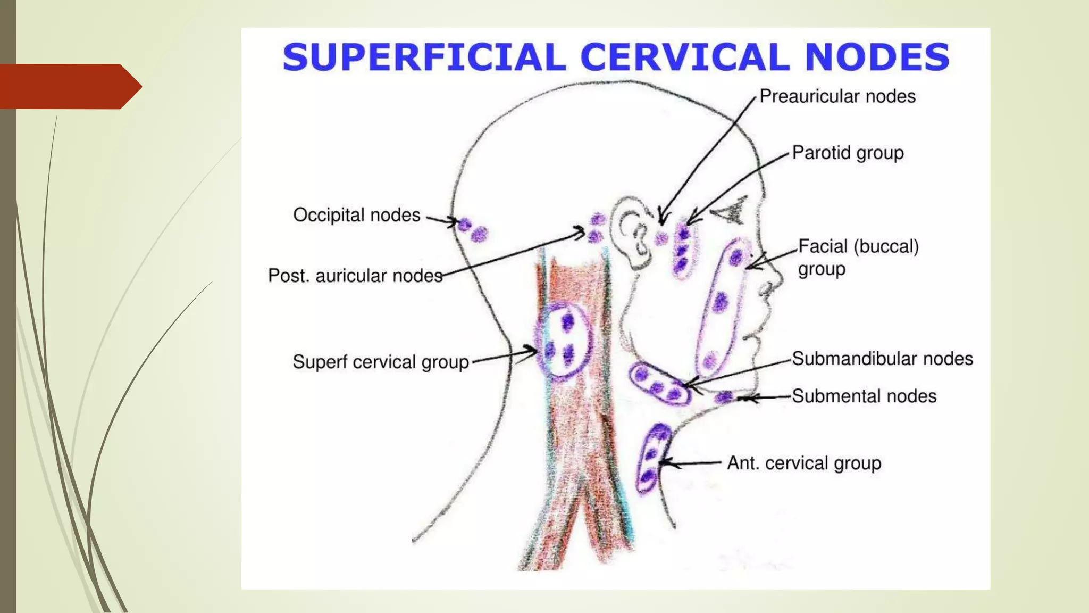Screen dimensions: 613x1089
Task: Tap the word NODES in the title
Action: (877, 57)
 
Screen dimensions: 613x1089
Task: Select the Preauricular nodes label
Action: (837, 96)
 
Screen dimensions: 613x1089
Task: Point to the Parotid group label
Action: (848, 153)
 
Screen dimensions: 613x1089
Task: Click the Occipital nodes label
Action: (356, 215)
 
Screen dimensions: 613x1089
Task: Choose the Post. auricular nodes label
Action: (355, 276)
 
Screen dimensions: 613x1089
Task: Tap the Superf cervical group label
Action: (381, 362)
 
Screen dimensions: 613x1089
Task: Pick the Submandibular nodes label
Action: (882, 359)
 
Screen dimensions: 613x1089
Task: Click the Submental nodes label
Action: (864, 396)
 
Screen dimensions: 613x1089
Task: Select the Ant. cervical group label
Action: (804, 463)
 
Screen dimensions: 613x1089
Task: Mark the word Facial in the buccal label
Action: (824, 246)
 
